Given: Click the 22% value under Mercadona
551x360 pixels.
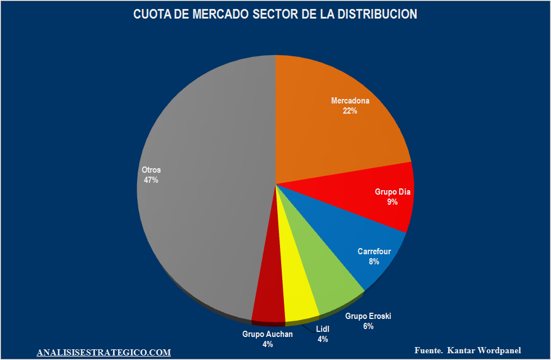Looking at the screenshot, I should (350, 111).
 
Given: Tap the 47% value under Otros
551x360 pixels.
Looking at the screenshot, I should (151, 180).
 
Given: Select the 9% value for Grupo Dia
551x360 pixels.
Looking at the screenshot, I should (392, 202).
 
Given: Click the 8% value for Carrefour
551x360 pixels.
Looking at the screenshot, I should (374, 262).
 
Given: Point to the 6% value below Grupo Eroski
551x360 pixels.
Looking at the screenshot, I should (368, 326).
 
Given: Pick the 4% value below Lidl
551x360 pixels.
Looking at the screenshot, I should (322, 339).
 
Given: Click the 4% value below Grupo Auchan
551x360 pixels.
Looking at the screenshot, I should (268, 344).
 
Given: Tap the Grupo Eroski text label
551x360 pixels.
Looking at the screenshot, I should (368, 316).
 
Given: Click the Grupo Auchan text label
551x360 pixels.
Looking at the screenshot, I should (268, 334).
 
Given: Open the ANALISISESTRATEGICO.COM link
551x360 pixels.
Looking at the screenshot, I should (103, 353).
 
